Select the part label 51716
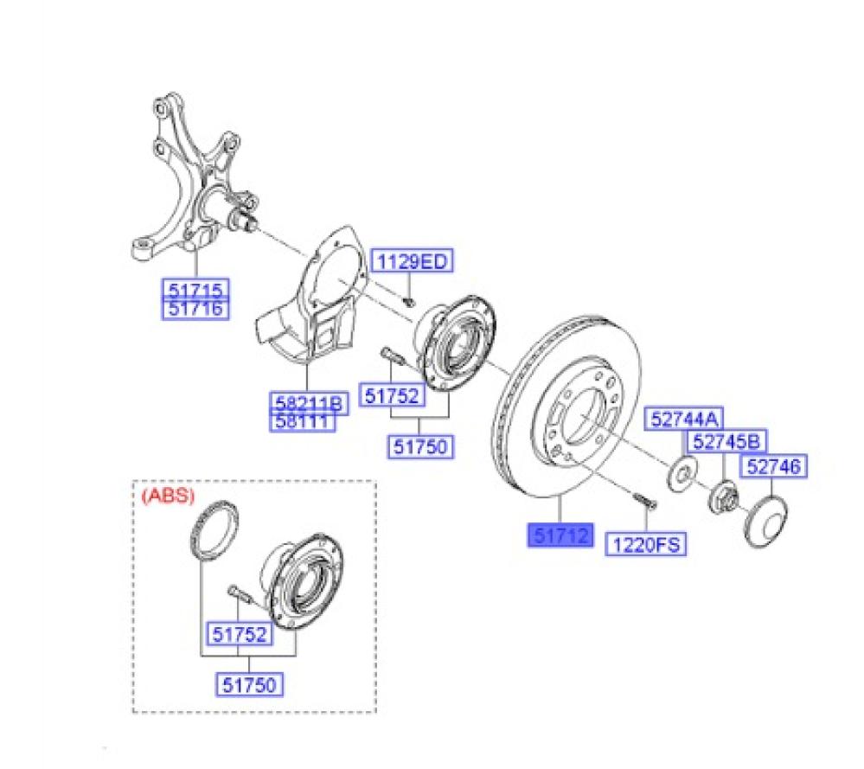pos(195,309)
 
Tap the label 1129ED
pos(413,260)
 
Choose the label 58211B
pos(309,402)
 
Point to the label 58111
pos(303,422)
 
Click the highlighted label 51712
pos(560,535)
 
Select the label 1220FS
pos(646,545)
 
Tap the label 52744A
pos(684,420)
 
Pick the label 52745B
pos(726,441)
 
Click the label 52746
pos(773,466)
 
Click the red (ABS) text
pos(168,496)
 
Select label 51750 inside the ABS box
pos(249,684)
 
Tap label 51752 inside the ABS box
pos(240,634)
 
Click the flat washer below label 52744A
pos(683,472)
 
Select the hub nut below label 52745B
pos(721,497)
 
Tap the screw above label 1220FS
pos(644,501)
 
